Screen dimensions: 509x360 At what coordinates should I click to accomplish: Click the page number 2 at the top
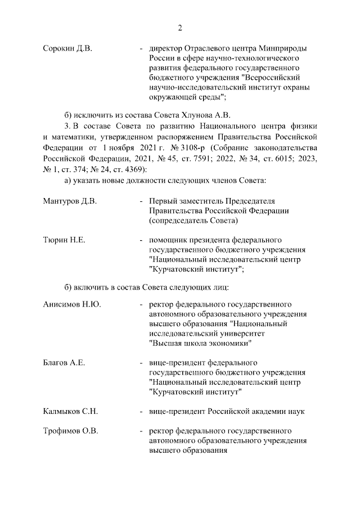point(180,28)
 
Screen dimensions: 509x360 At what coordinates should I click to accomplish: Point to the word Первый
point(162,201)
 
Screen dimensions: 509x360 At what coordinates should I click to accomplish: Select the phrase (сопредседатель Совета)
point(194,221)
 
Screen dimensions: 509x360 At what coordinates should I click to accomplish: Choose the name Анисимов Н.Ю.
point(72,304)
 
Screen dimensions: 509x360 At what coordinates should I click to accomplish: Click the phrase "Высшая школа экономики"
point(200,343)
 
